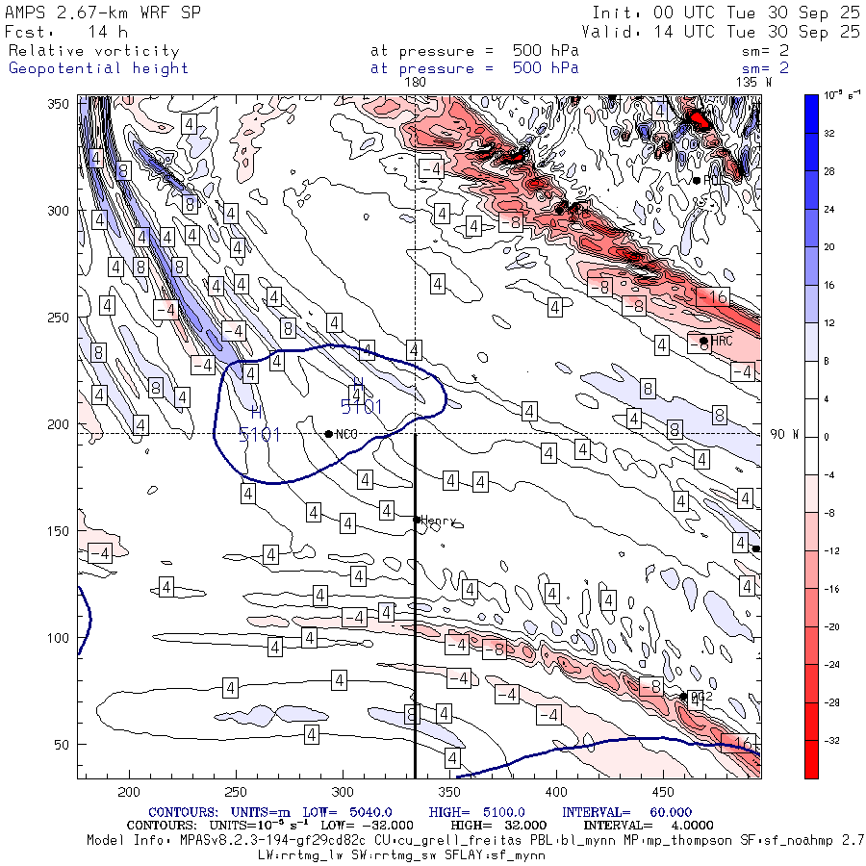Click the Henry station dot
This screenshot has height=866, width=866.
417,520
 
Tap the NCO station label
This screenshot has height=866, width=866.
346,435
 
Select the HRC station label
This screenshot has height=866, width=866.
723,341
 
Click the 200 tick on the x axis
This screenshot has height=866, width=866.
128,791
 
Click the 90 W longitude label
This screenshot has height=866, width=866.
785,434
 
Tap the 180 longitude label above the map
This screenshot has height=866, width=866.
416,83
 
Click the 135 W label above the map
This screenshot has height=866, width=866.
752,83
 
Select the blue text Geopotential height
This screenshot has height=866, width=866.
98,68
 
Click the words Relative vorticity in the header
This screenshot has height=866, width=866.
93,51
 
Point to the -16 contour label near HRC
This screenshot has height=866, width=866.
712,296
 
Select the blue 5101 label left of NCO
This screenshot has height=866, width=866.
259,435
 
